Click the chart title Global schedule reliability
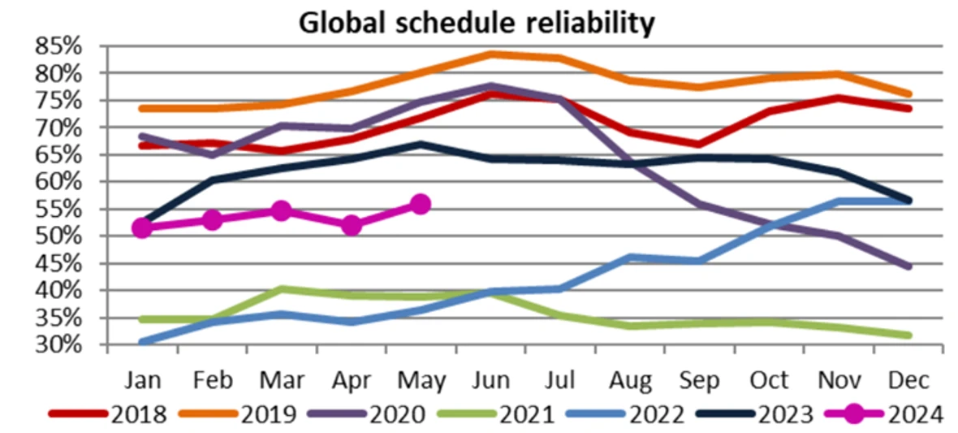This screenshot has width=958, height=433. coord(477,22)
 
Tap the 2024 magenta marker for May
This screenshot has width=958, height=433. coord(420,204)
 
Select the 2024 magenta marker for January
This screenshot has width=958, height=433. coord(143,227)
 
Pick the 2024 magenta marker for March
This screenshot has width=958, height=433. coord(281,211)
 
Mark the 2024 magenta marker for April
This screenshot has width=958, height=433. coord(351,226)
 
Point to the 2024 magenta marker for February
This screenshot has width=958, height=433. coord(213,220)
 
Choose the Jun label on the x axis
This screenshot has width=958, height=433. coord(491,380)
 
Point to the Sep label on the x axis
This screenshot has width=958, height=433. coord(701,380)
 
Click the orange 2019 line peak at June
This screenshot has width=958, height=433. coord(490,54)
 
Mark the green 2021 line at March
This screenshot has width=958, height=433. coord(281,288)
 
